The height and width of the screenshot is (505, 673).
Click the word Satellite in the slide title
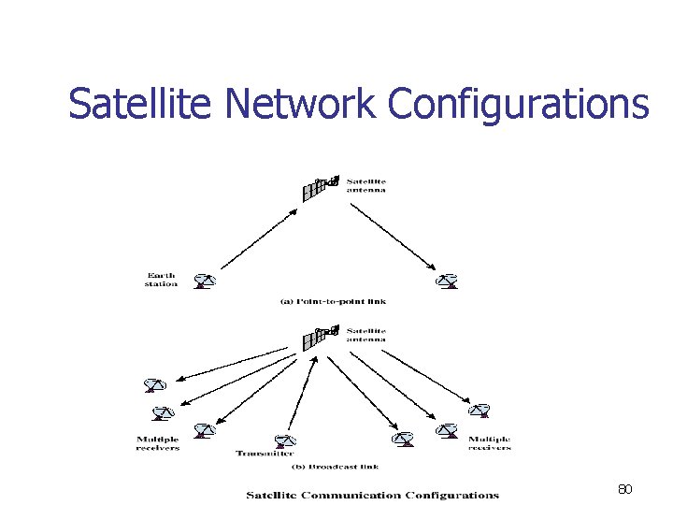click(141, 104)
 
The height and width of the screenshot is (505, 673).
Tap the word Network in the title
click(300, 104)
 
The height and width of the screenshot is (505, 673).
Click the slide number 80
click(625, 489)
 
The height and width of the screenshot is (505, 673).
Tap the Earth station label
click(161, 279)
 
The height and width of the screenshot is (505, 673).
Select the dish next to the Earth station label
click(204, 280)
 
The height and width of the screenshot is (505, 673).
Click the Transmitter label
click(258, 454)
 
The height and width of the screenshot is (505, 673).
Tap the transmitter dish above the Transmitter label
click(285, 441)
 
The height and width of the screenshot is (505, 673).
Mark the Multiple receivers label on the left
click(158, 443)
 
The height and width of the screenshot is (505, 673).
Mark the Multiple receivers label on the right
click(490, 443)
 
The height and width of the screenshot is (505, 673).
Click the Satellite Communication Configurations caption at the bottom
click(372, 495)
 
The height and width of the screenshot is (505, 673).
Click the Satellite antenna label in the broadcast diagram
click(366, 335)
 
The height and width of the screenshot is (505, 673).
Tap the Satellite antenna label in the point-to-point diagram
click(366, 185)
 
